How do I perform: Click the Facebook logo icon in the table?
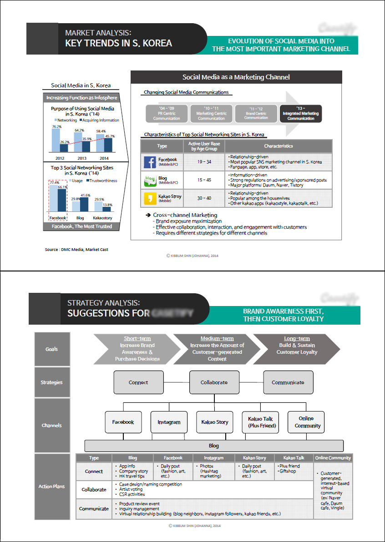150,162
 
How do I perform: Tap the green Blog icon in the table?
150,180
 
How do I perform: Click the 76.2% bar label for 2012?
57,126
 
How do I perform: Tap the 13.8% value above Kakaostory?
107,205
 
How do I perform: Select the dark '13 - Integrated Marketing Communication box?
301,114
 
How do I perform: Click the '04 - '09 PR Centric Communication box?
167,114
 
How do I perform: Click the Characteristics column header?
279,146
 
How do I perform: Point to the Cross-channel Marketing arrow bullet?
148,215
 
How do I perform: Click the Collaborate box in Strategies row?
214,382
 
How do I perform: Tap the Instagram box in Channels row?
169,422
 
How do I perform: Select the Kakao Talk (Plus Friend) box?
260,422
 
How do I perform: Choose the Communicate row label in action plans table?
94,509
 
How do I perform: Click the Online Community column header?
333,458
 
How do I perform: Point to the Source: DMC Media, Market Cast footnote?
76,249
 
